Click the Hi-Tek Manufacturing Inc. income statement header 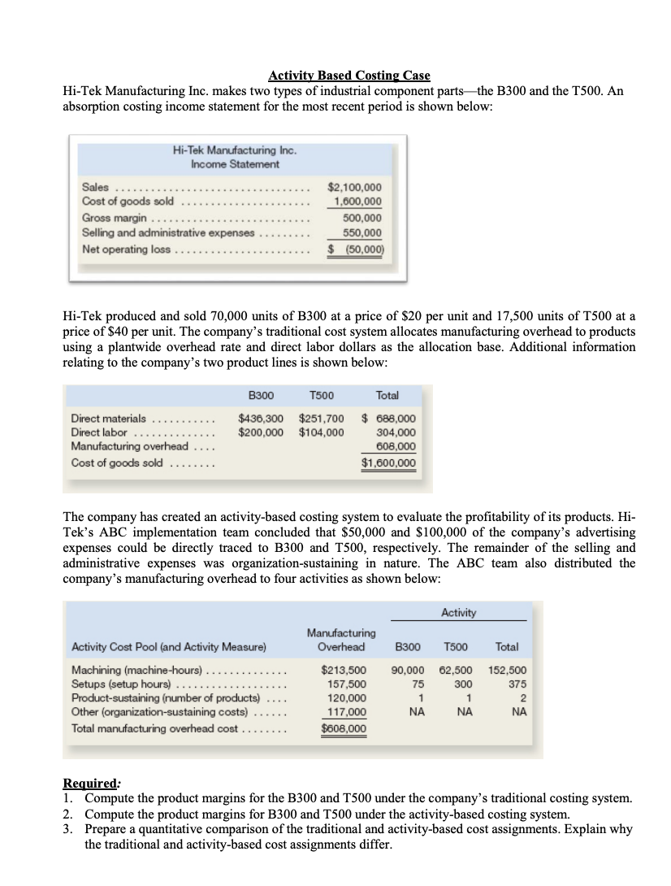(x=235, y=157)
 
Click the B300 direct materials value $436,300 (x=260, y=419)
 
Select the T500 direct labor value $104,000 (x=321, y=433)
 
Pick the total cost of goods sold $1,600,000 (x=388, y=463)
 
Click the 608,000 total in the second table (x=396, y=448)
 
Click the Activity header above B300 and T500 (x=459, y=611)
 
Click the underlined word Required (x=90, y=784)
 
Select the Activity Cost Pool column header (x=168, y=647)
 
